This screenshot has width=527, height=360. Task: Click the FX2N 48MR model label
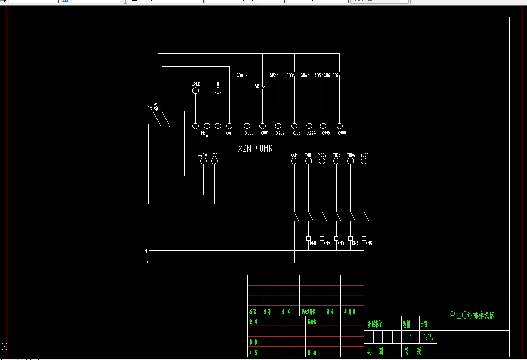253,148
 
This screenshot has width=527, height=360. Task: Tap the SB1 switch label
257,86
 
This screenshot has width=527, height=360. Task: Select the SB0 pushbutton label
240,76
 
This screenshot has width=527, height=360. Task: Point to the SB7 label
336,76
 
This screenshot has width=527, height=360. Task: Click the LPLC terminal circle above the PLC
195,91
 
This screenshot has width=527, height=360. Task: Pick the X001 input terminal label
264,133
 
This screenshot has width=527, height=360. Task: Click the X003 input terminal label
296,133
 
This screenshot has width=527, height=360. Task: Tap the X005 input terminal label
326,133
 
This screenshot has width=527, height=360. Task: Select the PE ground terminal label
203,132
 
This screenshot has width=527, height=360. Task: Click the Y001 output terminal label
309,155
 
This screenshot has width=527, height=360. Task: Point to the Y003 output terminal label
337,155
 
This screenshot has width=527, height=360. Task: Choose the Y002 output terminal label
322,155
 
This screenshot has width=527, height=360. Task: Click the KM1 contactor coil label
313,243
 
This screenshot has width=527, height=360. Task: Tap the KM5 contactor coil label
369,243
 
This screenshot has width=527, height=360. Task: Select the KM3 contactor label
341,243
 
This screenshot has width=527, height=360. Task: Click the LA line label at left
146,263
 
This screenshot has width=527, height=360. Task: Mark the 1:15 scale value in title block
428,337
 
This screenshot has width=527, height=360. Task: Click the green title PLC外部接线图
472,316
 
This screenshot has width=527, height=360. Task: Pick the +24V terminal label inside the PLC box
203,155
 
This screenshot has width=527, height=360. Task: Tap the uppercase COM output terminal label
294,155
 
